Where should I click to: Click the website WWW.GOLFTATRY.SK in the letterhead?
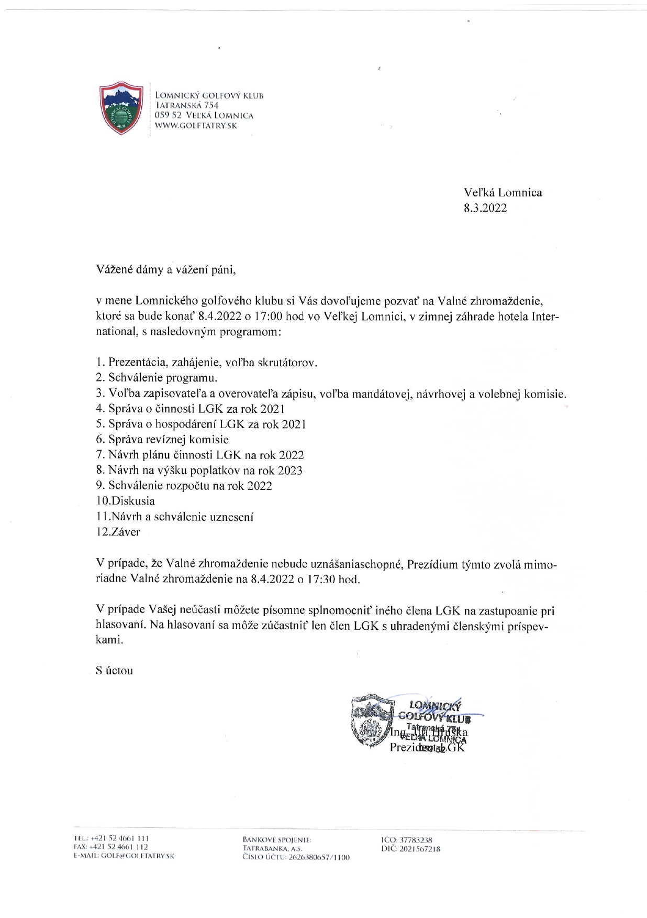[196, 126]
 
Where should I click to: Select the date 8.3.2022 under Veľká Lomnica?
[485, 208]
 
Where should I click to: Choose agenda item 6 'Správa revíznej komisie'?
[162, 440]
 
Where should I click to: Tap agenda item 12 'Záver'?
[118, 532]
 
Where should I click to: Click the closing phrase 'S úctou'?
[115, 670]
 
